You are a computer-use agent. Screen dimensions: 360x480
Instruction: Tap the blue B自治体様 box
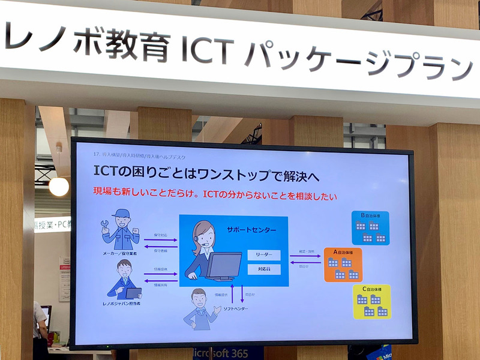pyautogui.click(x=370, y=228)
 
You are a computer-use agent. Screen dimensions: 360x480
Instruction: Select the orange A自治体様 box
pyautogui.click(x=343, y=265)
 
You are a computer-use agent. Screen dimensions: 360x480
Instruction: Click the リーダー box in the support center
pyautogui.click(x=263, y=255)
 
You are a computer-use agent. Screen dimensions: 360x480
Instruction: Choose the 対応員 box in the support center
pyautogui.click(x=263, y=270)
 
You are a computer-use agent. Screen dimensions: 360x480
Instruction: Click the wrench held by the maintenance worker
pyautogui.click(x=105, y=227)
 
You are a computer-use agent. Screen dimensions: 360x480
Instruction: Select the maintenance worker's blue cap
pyautogui.click(x=122, y=214)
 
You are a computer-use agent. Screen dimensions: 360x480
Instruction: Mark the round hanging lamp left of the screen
pyautogui.click(x=59, y=186)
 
